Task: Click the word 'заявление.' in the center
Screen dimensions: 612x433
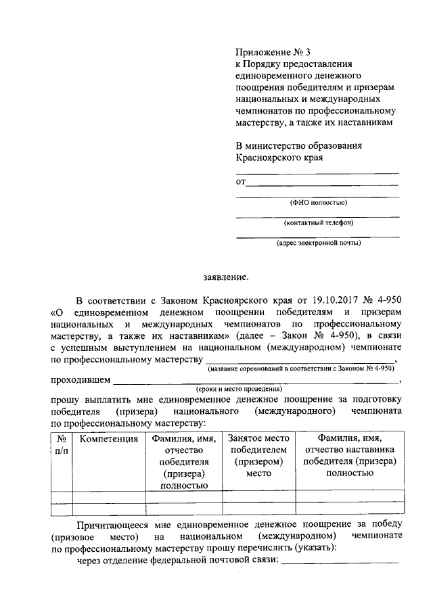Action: point(226,276)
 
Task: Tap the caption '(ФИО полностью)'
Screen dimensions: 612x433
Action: point(318,202)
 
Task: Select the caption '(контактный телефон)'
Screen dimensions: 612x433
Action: point(318,222)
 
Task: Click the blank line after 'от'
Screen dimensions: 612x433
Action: point(322,183)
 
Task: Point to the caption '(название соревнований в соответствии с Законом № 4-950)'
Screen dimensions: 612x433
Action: point(301,368)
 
